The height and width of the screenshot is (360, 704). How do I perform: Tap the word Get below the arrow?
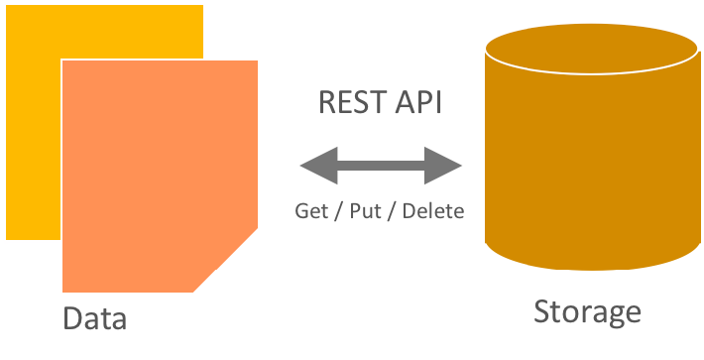click(x=311, y=211)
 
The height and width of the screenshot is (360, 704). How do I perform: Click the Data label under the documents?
click(x=94, y=318)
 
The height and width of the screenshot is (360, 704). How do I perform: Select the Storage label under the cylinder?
click(x=587, y=312)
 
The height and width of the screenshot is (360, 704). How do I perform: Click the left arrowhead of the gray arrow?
click(x=315, y=165)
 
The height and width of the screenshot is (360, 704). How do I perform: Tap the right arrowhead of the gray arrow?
click(x=448, y=165)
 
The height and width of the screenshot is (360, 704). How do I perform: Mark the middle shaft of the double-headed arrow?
click(x=382, y=165)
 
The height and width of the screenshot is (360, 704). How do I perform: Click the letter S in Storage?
click(x=542, y=312)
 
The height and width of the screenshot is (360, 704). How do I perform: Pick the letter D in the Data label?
click(x=72, y=318)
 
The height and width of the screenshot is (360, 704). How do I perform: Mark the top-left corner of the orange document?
click(x=64, y=63)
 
